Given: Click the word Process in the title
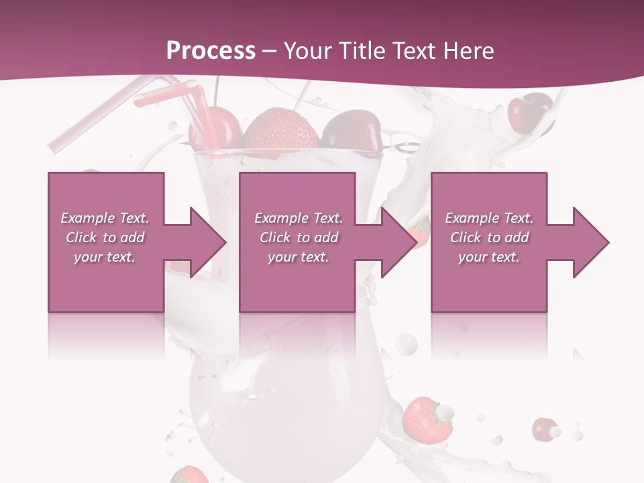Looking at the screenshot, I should [x=211, y=51].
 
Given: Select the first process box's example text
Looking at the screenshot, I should [x=105, y=237].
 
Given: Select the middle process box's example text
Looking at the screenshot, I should [x=299, y=237].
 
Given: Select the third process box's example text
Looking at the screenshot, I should [x=489, y=237].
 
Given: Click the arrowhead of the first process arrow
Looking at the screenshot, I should [x=208, y=242].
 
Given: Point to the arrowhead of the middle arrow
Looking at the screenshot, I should [x=400, y=242].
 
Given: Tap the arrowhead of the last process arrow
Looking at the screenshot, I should [x=591, y=242].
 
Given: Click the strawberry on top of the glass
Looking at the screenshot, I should [x=280, y=130].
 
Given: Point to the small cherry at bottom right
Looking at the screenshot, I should [x=544, y=428].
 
